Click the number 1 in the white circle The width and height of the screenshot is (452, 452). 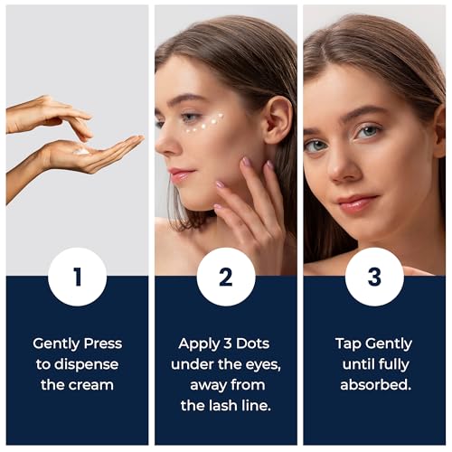78,277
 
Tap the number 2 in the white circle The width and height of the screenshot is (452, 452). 226,277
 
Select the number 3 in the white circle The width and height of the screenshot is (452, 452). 374,277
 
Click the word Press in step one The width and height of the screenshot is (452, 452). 103,344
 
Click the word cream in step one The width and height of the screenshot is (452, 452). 90,385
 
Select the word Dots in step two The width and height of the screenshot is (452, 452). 252,344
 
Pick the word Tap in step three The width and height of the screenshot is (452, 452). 348,344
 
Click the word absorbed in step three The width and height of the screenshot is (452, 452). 376,385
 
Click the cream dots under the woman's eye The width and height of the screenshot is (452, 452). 205,124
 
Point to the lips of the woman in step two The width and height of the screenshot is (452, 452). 179,174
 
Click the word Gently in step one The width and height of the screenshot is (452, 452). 57,344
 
